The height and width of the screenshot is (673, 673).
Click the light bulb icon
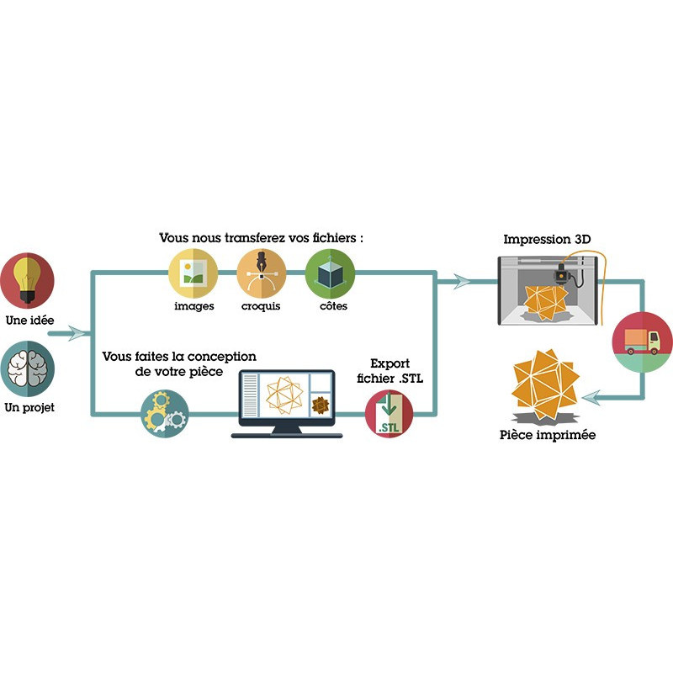pos(27,281)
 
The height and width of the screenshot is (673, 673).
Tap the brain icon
pos(27,368)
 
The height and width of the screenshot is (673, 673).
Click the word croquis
pos(262,306)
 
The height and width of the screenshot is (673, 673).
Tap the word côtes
pos(330,306)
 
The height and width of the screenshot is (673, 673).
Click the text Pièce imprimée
pos(548,436)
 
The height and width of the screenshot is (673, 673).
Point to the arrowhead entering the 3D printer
pos(464,282)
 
